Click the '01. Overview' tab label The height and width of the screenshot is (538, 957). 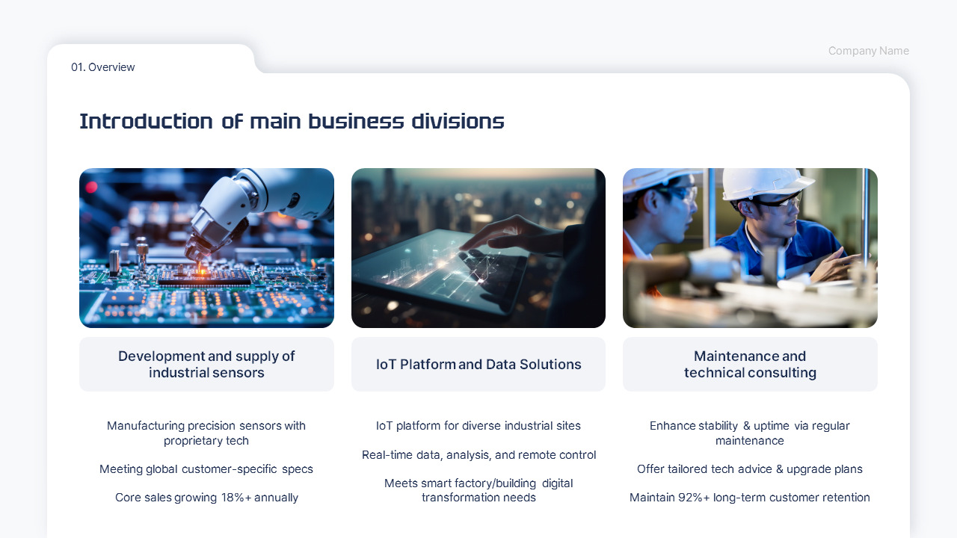click(x=103, y=67)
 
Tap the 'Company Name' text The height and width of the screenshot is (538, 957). click(x=868, y=51)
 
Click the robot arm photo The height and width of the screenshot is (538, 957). click(x=206, y=247)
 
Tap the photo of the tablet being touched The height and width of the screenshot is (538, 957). click(x=478, y=247)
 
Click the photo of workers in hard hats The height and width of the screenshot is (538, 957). click(x=750, y=247)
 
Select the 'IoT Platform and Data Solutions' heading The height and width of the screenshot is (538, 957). click(x=478, y=365)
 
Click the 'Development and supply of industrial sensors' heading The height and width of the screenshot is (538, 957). click(x=206, y=365)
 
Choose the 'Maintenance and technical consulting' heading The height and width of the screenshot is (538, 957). click(x=750, y=365)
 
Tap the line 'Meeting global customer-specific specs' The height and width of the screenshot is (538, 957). click(x=206, y=469)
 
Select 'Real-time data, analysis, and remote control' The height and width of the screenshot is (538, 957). click(x=478, y=455)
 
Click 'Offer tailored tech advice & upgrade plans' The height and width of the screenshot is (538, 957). click(x=750, y=469)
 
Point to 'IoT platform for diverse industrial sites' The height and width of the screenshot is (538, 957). click(x=478, y=426)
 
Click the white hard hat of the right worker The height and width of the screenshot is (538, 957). click(x=763, y=182)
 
